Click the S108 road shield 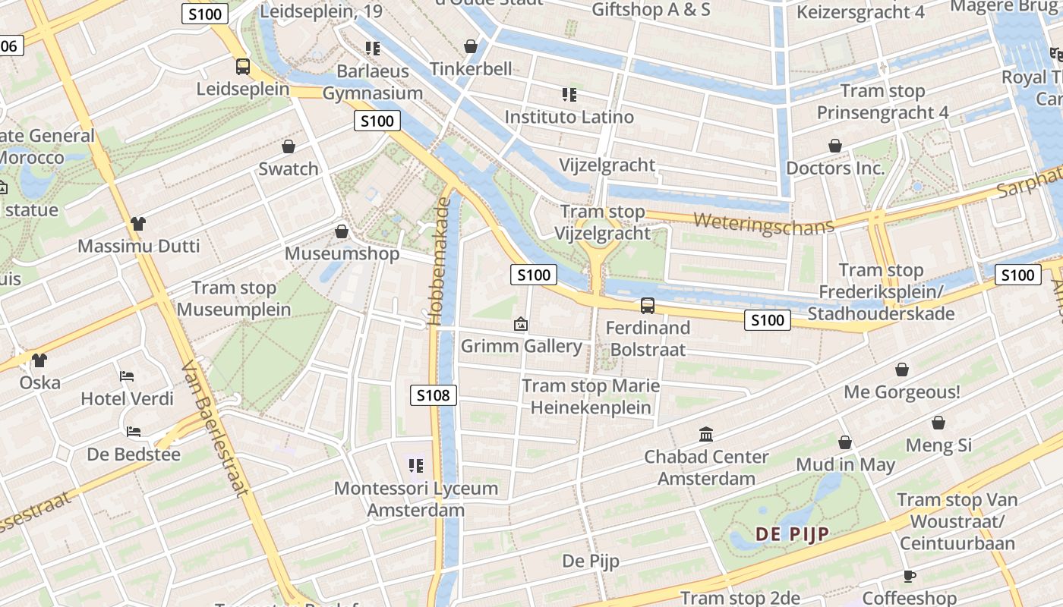coord(434,395)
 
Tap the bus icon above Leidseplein coord(243,66)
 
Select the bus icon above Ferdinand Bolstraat coord(647,305)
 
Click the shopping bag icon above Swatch coord(289,146)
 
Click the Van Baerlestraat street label coord(215,428)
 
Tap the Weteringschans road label coord(763,224)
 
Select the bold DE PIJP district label coord(792,534)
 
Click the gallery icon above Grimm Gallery coord(521,324)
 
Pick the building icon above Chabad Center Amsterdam coord(706,434)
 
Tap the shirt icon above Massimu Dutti coord(137,223)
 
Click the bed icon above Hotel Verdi coord(127,376)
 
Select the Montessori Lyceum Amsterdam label coord(416,498)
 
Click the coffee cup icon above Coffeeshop coord(910,576)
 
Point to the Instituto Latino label coord(569,117)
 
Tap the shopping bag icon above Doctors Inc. coord(835,145)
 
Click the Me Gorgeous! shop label coord(902,392)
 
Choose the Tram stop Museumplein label coord(234,298)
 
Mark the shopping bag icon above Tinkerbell coord(471,46)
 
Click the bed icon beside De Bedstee coord(134,431)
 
